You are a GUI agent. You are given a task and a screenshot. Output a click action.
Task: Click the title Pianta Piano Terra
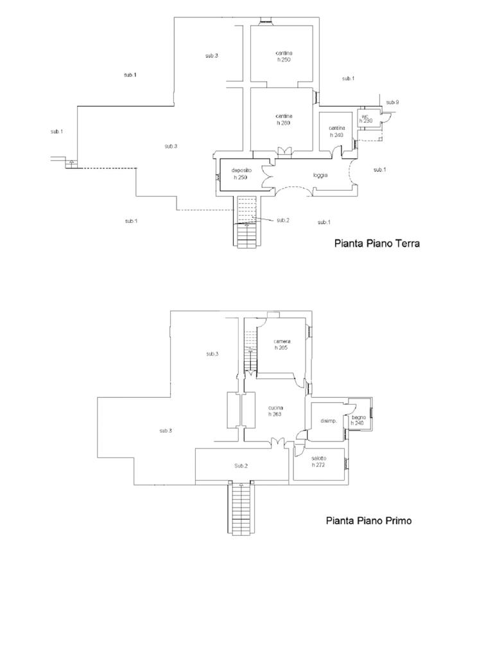click(x=377, y=244)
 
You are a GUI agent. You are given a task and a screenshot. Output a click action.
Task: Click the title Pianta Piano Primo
click(x=368, y=520)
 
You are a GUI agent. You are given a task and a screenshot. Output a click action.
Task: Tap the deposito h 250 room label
click(x=241, y=173)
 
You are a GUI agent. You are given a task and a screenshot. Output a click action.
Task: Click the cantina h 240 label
click(x=337, y=131)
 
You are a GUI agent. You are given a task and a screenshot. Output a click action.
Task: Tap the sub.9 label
click(x=392, y=103)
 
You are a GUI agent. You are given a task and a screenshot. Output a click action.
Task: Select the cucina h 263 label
click(x=277, y=411)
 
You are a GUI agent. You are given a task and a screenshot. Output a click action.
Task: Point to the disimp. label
click(x=329, y=421)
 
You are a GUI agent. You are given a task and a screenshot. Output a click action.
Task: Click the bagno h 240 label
click(x=358, y=420)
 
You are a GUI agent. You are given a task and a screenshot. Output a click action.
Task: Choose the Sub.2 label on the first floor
click(x=241, y=465)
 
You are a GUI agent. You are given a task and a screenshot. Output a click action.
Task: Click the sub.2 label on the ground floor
click(x=283, y=220)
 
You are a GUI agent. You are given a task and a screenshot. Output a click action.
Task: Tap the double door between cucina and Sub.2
click(x=277, y=442)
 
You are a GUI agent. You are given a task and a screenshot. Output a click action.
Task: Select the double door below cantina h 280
click(x=284, y=151)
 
